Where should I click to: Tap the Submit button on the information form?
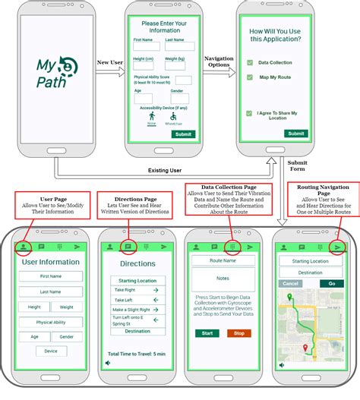[x=182, y=134]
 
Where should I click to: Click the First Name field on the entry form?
[x=146, y=46]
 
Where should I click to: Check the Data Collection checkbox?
[x=249, y=62]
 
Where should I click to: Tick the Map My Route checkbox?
[x=249, y=77]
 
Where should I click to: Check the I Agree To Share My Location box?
[x=249, y=114]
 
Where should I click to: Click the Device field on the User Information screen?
[x=51, y=351]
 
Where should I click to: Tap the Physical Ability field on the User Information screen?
[x=51, y=322]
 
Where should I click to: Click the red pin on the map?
[x=305, y=348]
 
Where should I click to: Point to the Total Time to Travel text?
[x=137, y=354]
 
